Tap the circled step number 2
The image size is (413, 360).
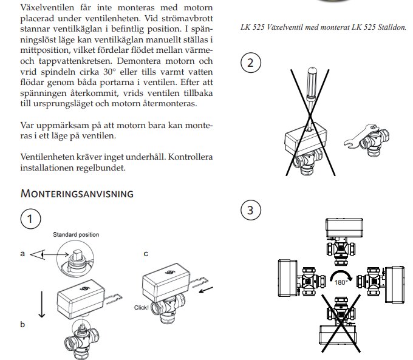(x=251, y=63)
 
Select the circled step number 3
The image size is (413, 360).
(x=251, y=211)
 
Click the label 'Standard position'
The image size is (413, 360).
(x=75, y=234)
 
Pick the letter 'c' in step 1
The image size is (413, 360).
(x=146, y=254)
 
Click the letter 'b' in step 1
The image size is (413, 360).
(x=22, y=325)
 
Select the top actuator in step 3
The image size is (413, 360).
(x=344, y=228)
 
